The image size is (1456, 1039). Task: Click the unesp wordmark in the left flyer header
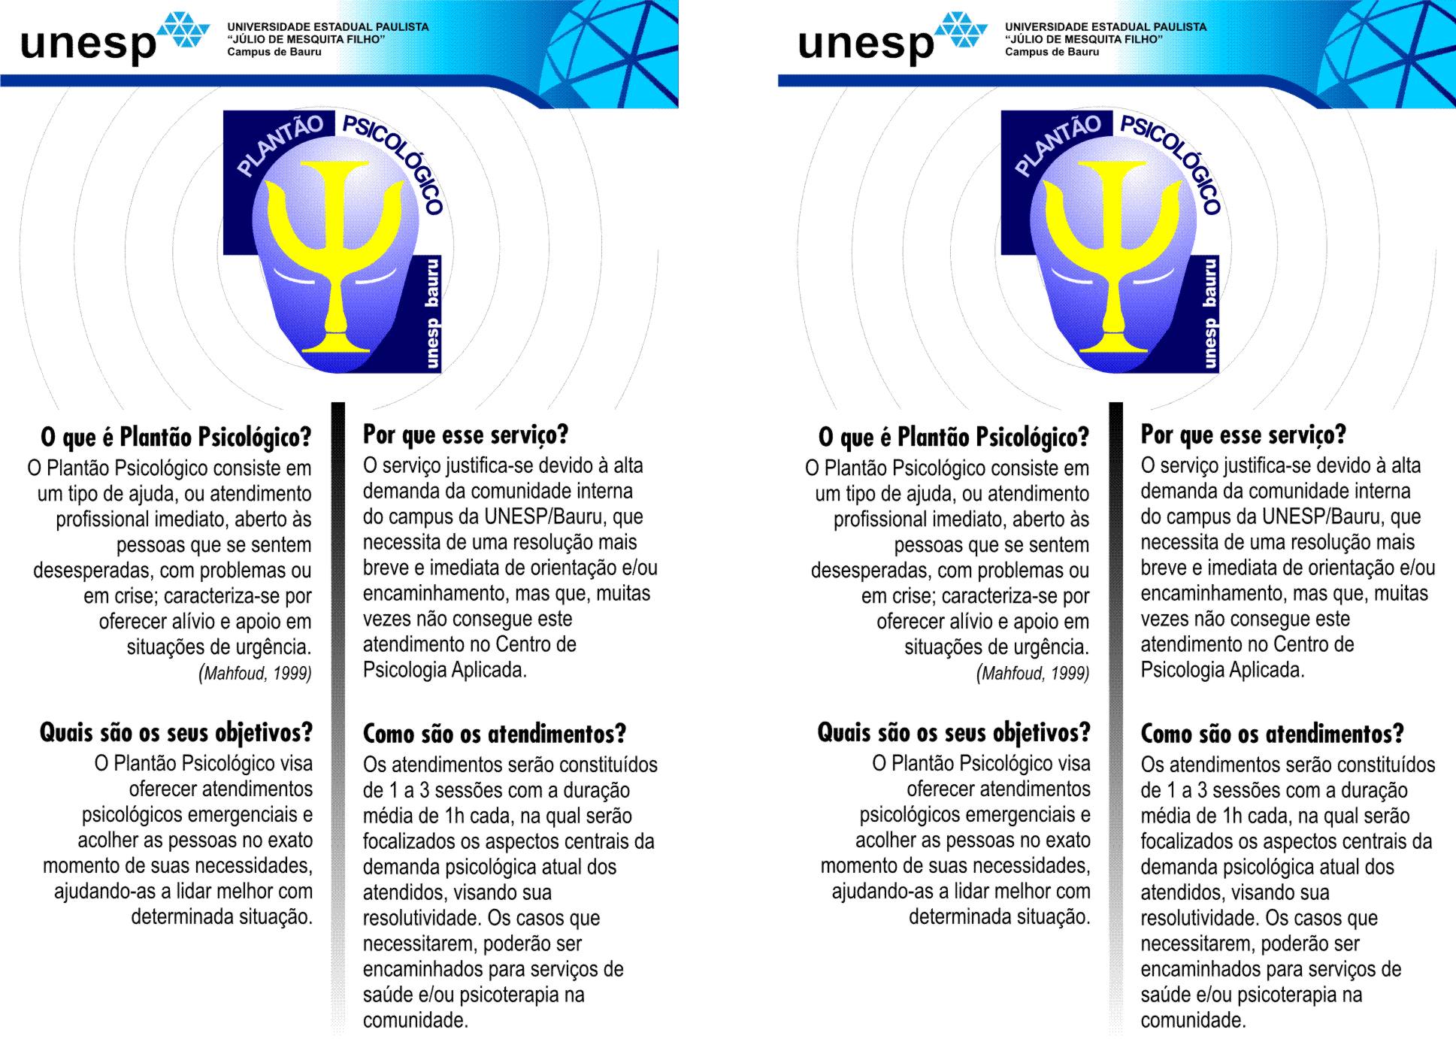click(88, 43)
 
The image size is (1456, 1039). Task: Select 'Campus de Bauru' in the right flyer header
click(1052, 52)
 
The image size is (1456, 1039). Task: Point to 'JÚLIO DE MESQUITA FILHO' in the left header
click(307, 39)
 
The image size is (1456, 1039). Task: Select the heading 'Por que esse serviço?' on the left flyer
click(466, 435)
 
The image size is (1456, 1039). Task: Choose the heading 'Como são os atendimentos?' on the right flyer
click(1272, 733)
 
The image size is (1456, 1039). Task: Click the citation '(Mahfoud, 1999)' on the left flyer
click(255, 673)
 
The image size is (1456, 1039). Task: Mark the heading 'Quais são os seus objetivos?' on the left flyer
click(176, 732)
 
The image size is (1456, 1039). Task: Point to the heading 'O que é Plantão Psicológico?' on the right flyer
click(954, 437)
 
